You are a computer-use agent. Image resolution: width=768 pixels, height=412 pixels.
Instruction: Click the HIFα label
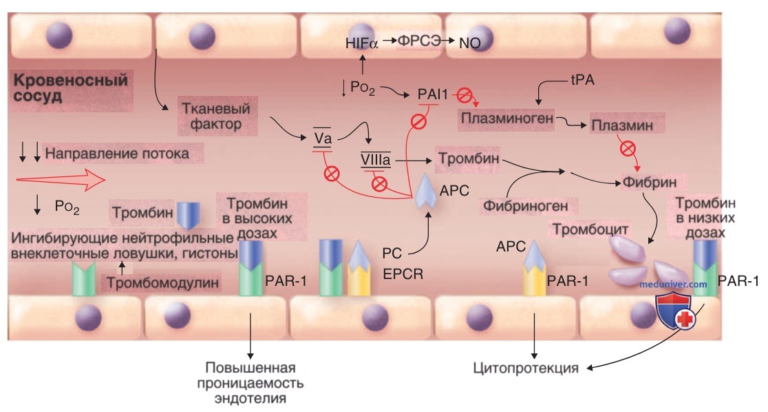click(x=362, y=43)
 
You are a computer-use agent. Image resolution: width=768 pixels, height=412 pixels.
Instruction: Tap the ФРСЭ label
click(x=418, y=42)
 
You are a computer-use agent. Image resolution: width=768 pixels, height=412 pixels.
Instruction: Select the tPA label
click(x=582, y=80)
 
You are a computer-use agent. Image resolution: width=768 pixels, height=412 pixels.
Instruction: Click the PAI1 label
click(x=432, y=94)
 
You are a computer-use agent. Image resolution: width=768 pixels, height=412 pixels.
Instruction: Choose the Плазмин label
click(x=622, y=125)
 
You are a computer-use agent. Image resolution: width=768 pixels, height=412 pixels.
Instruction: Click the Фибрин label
click(x=650, y=182)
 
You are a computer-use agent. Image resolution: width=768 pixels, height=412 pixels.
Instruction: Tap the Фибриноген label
click(x=526, y=205)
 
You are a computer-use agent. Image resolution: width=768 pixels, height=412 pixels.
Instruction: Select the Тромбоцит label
click(x=590, y=229)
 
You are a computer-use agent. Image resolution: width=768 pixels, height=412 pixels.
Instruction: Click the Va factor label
click(x=323, y=138)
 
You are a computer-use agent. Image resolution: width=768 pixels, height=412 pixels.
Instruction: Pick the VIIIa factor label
click(x=376, y=159)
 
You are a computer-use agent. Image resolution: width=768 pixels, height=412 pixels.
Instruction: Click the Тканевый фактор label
click(x=216, y=116)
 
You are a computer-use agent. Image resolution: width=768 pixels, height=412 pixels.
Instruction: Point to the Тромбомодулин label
click(x=162, y=283)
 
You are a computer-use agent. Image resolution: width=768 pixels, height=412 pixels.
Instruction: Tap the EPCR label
click(x=403, y=274)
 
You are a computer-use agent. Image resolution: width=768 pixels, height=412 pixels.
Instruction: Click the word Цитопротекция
click(x=526, y=368)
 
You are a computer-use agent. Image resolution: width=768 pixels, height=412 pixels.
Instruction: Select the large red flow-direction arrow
click(x=61, y=180)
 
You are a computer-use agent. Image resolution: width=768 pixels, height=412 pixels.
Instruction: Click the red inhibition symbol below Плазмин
click(x=628, y=148)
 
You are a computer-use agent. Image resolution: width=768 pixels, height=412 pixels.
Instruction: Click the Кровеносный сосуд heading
click(x=70, y=87)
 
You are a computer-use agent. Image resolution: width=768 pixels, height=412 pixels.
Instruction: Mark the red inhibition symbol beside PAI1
click(x=465, y=95)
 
